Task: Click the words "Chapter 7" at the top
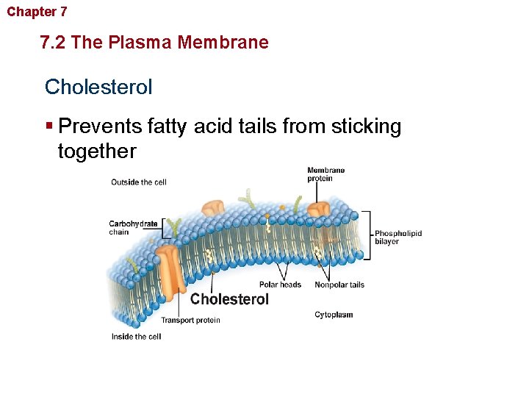(x=37, y=12)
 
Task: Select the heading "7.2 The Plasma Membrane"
(x=155, y=43)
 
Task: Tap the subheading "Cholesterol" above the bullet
(x=98, y=87)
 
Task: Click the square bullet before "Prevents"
(x=49, y=126)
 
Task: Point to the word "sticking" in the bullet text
(x=367, y=126)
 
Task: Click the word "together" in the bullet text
(x=97, y=151)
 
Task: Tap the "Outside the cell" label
(x=139, y=182)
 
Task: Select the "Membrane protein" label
(x=325, y=174)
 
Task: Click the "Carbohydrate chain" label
(x=133, y=228)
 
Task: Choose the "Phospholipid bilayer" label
(x=398, y=237)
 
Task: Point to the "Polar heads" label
(x=280, y=285)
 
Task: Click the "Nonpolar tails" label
(x=339, y=285)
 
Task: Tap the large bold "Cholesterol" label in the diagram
(x=229, y=299)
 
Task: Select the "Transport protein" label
(x=190, y=321)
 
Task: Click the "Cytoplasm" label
(x=334, y=315)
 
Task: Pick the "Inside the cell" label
(x=136, y=337)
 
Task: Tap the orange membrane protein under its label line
(x=319, y=209)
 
